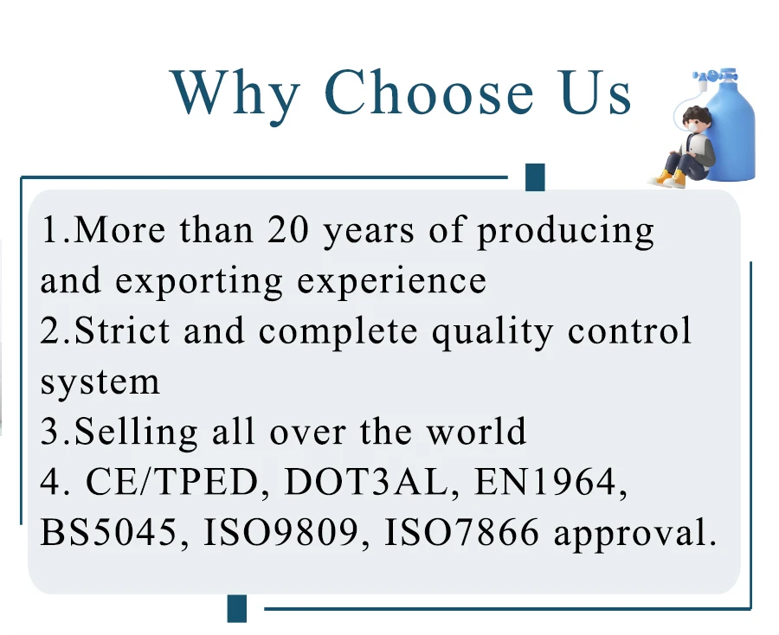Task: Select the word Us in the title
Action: coord(596,93)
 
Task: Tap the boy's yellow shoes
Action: coord(671,178)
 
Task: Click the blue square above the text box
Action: coord(535,176)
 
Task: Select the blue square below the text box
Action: coord(237,608)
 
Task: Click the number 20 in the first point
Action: coord(288,230)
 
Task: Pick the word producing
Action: coord(566,233)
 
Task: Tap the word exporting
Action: coord(199,282)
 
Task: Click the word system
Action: coord(100,382)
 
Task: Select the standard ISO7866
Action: coord(461,532)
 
